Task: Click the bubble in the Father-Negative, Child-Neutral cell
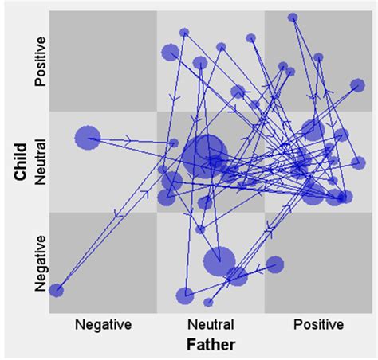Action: (88, 139)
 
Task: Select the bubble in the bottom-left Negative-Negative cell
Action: (56, 291)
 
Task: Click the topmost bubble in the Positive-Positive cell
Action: (293, 17)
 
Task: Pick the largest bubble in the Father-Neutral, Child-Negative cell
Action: (219, 260)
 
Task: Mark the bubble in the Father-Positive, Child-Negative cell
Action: (275, 264)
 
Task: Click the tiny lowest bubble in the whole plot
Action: (208, 303)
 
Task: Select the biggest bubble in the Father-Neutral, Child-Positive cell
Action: (171, 53)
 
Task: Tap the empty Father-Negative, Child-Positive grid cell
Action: (103, 61)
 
